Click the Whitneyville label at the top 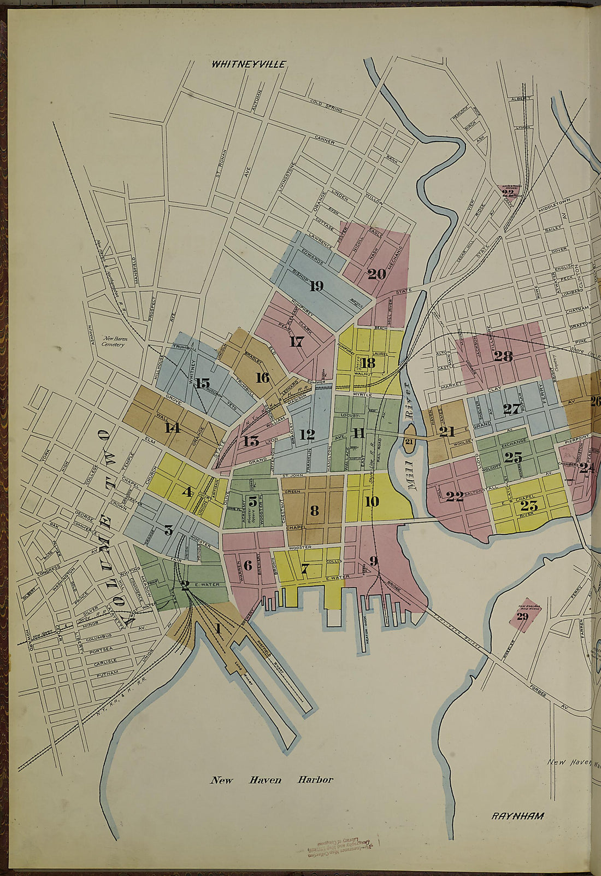(x=249, y=64)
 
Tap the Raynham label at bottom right (x=517, y=816)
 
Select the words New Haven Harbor (x=272, y=780)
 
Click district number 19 (x=316, y=285)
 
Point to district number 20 (x=376, y=274)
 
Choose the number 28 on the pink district (x=503, y=356)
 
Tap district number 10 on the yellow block (x=372, y=501)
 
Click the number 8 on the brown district (x=314, y=510)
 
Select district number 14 (x=172, y=427)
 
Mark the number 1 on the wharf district (x=217, y=628)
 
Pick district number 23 (x=529, y=505)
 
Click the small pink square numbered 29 (x=523, y=616)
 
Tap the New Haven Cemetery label (x=115, y=342)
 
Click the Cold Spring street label (x=326, y=106)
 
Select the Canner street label (x=325, y=141)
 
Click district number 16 (x=262, y=377)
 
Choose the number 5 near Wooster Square (x=252, y=500)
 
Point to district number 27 (x=511, y=408)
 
